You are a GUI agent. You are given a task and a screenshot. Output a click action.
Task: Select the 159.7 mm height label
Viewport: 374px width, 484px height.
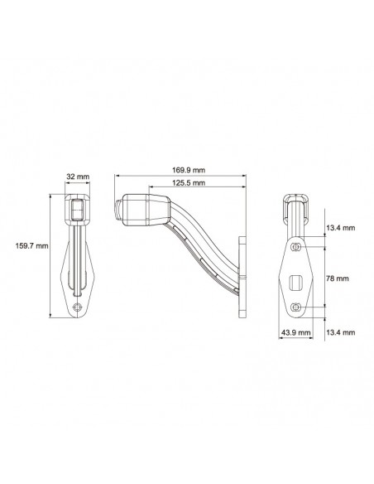(x=31, y=245)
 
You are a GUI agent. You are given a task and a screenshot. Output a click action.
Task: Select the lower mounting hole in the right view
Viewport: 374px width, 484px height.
(x=296, y=307)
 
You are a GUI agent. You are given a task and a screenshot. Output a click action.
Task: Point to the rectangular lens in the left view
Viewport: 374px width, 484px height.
(x=76, y=211)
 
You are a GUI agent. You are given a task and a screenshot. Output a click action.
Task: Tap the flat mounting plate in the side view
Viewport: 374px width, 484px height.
(x=243, y=277)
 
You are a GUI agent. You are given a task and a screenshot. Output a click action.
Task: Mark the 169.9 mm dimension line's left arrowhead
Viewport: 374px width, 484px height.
(x=117, y=176)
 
